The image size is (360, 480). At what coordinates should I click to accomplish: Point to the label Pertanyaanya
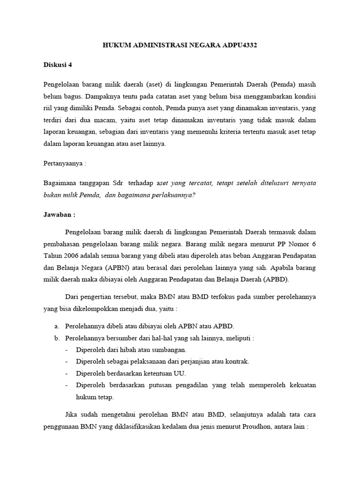pos(64,165)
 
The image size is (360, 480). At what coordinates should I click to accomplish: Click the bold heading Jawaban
pos(59,214)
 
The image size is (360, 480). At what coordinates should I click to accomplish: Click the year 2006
pos(75,256)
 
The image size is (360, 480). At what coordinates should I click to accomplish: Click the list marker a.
pos(57,326)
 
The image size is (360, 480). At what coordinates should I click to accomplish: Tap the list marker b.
pos(57,337)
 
